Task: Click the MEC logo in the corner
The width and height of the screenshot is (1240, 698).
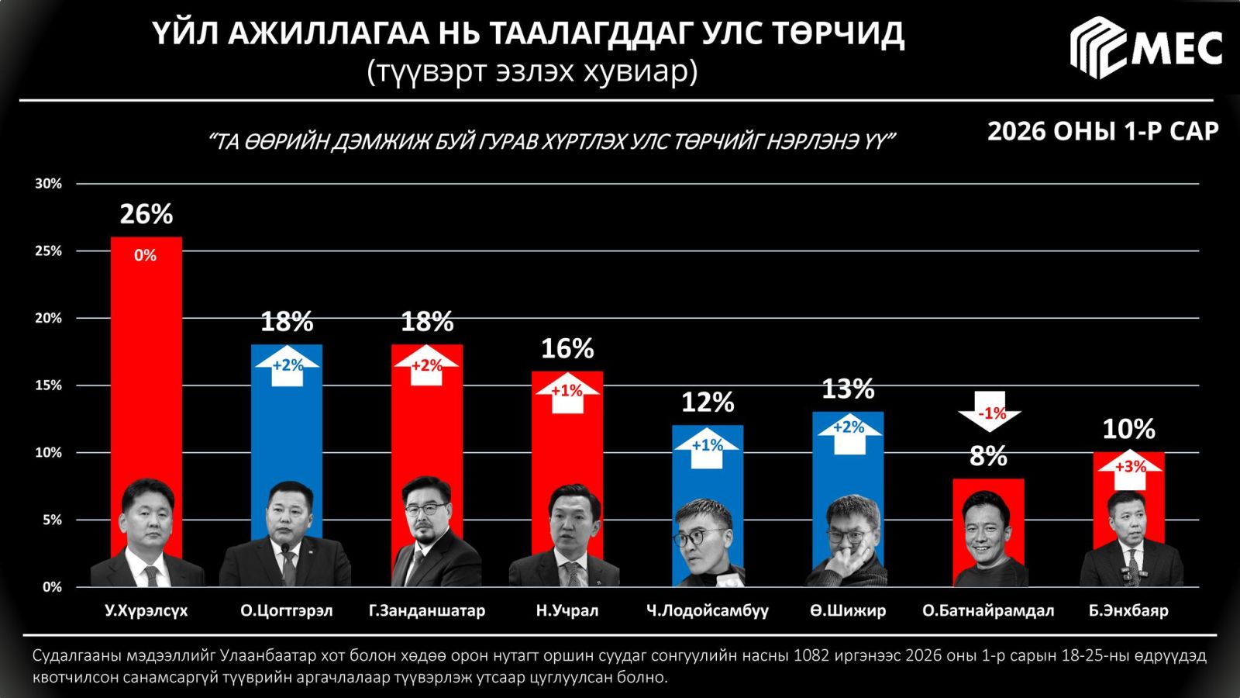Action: click(x=1145, y=48)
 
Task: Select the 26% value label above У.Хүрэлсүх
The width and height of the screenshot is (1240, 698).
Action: click(x=146, y=214)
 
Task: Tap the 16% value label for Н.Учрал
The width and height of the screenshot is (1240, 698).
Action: click(x=567, y=349)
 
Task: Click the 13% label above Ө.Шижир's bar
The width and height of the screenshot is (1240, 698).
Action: click(x=848, y=389)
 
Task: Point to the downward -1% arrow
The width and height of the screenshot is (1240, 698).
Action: click(x=990, y=412)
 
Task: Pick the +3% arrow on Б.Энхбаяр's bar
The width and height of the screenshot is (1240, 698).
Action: click(x=1129, y=468)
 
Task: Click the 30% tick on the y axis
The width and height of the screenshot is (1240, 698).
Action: click(x=48, y=184)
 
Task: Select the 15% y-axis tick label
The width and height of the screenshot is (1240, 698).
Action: click(x=48, y=385)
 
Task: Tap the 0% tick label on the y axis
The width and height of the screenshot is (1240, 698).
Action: click(x=52, y=587)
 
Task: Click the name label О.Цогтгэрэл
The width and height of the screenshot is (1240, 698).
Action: click(x=286, y=611)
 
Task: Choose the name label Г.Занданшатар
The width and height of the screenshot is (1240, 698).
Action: click(x=427, y=611)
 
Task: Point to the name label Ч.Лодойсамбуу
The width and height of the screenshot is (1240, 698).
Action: click(x=708, y=611)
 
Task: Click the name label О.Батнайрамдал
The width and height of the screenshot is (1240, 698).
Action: click(x=988, y=611)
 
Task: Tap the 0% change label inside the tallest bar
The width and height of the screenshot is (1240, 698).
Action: click(x=146, y=255)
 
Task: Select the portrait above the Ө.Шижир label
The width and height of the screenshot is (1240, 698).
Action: click(x=849, y=539)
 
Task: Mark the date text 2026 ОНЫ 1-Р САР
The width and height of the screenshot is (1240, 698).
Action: click(x=1103, y=132)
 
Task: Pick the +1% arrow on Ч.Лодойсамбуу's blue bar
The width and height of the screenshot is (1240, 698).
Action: click(x=708, y=447)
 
